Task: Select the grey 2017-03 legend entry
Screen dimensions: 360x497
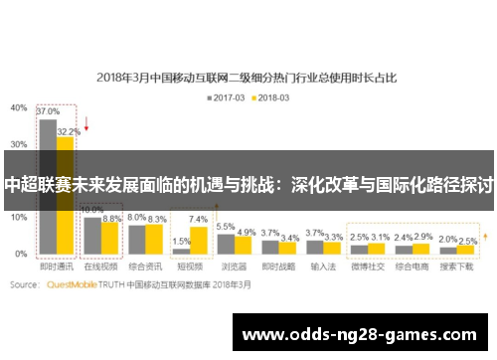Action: coord(227,96)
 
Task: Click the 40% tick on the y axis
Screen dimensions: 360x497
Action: coord(19,106)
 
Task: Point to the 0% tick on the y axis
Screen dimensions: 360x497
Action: coord(21,255)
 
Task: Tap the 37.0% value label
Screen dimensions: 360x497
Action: coord(47,112)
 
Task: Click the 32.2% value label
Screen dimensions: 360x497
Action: coord(68,130)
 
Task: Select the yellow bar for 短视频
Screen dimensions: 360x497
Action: coord(199,241)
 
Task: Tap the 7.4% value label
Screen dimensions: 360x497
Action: coord(199,219)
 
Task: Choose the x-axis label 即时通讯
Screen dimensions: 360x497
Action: coord(56,268)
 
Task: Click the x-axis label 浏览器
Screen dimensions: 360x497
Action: coord(235,268)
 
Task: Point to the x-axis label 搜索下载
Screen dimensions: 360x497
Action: coord(457,268)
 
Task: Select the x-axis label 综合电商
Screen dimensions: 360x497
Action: coord(413,268)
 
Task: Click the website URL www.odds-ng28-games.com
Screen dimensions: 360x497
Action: coord(359,334)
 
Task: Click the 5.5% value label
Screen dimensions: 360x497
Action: coord(226,227)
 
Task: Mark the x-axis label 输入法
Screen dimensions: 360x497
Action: coord(323,268)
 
